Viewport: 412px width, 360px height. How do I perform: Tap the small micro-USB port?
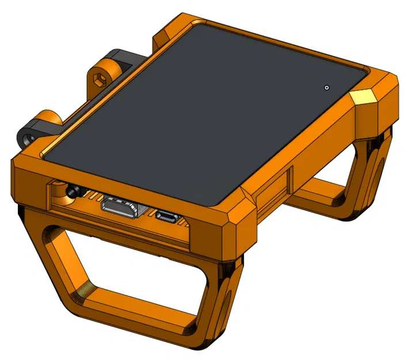(x=167, y=217)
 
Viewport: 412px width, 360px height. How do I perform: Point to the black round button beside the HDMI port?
(x=73, y=191)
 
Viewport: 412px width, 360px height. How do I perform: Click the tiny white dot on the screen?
(x=327, y=88)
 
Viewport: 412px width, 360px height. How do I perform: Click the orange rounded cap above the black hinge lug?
(x=47, y=119)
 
